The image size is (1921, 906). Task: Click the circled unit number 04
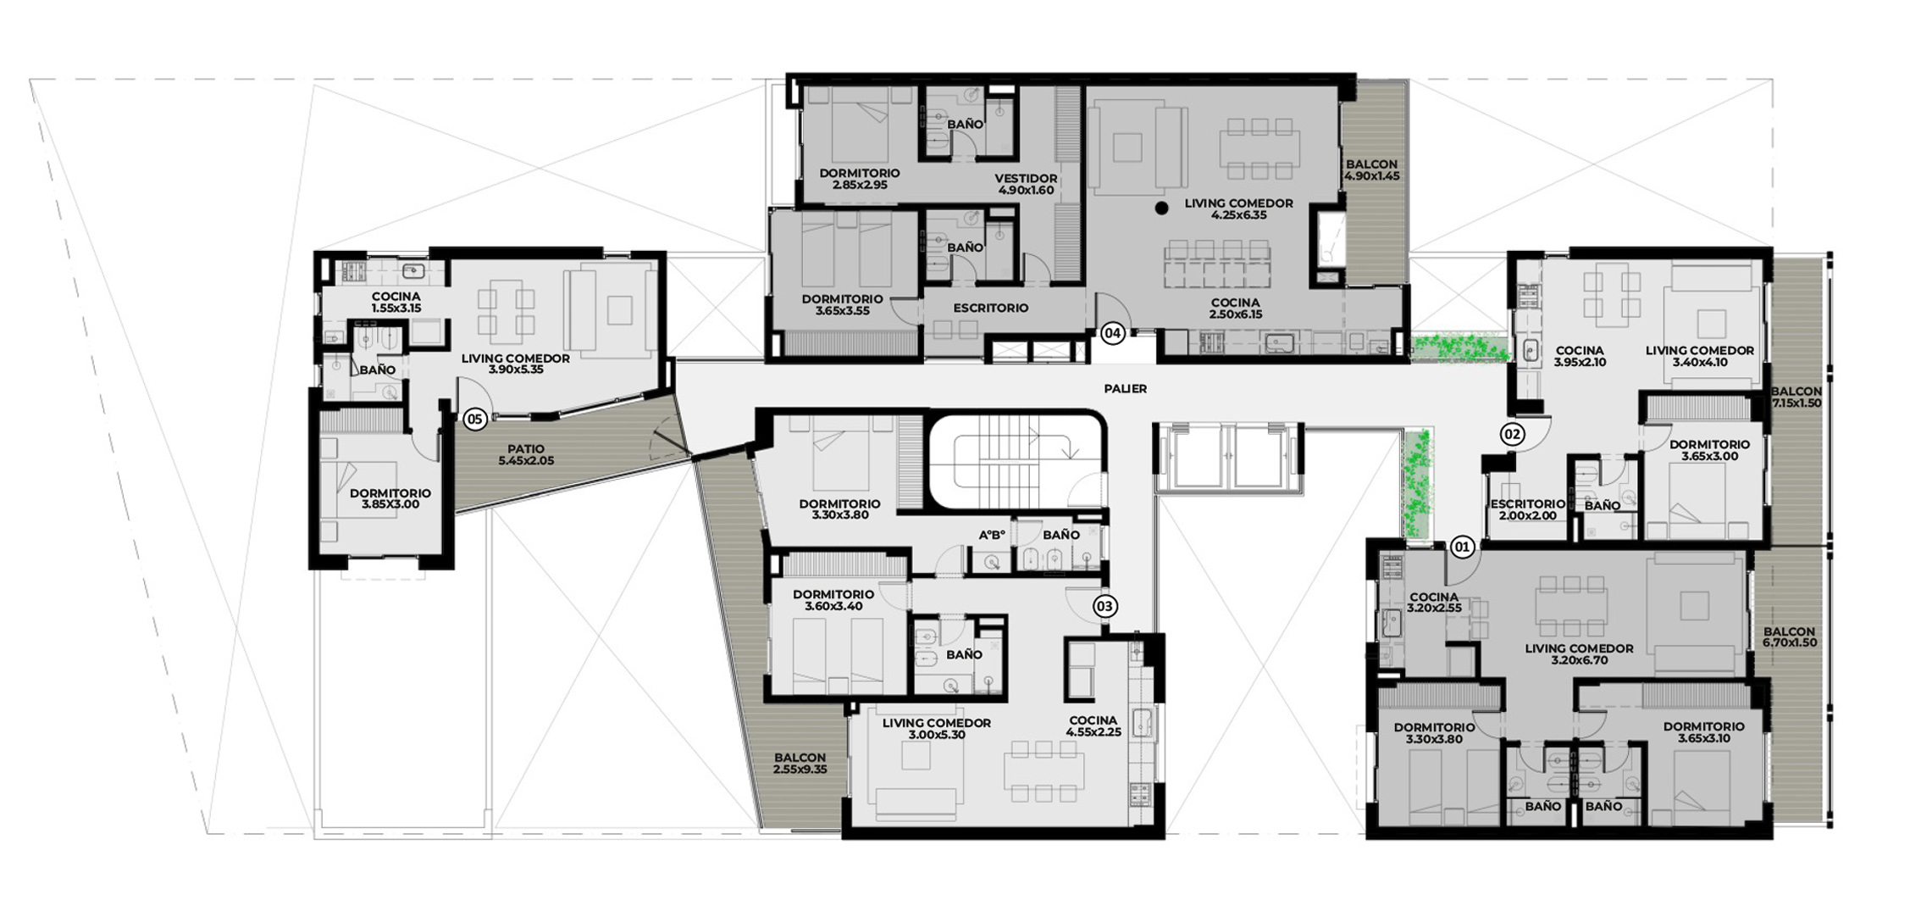pyautogui.click(x=1112, y=334)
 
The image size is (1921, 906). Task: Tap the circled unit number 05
pyautogui.click(x=474, y=419)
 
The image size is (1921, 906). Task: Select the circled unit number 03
pyautogui.click(x=1104, y=606)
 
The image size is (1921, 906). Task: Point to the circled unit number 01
pyautogui.click(x=1462, y=547)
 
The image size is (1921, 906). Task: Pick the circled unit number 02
pyautogui.click(x=1512, y=435)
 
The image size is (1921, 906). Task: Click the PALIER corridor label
pyautogui.click(x=1126, y=389)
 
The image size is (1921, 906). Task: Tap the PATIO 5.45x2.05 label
pyautogui.click(x=527, y=455)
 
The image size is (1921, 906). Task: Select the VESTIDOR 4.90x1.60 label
pyautogui.click(x=1026, y=185)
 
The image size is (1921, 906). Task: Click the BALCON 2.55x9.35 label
pyautogui.click(x=800, y=764)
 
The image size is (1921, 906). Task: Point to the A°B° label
pyautogui.click(x=992, y=535)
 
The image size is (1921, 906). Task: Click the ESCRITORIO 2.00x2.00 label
pyautogui.click(x=1528, y=509)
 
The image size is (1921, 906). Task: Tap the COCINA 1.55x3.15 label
pyautogui.click(x=396, y=303)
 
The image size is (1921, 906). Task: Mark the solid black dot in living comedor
pyautogui.click(x=1163, y=207)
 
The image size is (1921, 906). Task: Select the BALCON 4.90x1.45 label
pyautogui.click(x=1371, y=170)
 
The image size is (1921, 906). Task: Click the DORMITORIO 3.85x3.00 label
pyautogui.click(x=390, y=498)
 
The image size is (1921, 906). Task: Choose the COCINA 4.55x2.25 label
pyautogui.click(x=1093, y=726)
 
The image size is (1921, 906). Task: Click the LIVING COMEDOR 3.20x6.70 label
pyautogui.click(x=1579, y=654)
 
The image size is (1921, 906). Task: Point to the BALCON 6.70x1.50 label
pyautogui.click(x=1789, y=637)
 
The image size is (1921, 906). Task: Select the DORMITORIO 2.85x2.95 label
pyautogui.click(x=859, y=179)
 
